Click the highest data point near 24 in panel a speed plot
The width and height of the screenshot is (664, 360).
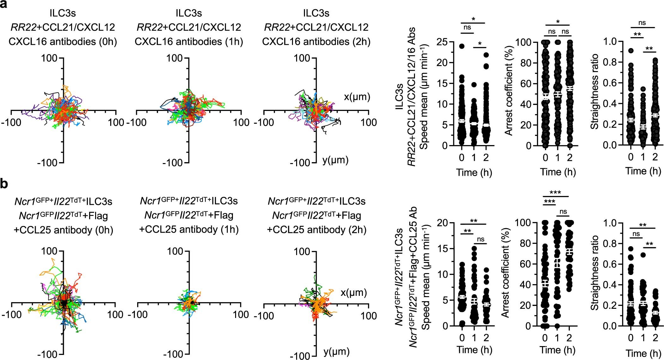[x=462, y=46]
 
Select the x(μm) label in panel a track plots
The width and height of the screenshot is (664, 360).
[x=357, y=97]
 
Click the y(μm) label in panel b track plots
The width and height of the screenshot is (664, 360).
[x=336, y=351]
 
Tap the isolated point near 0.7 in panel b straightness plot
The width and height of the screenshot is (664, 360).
[x=643, y=255]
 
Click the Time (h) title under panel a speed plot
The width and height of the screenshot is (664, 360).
[x=474, y=173]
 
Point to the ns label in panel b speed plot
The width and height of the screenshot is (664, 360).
[x=480, y=239]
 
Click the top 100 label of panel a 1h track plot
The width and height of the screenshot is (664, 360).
[x=174, y=58]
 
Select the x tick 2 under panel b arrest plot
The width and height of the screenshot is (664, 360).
[x=569, y=338]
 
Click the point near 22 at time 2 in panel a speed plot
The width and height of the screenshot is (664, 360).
[x=486, y=55]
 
